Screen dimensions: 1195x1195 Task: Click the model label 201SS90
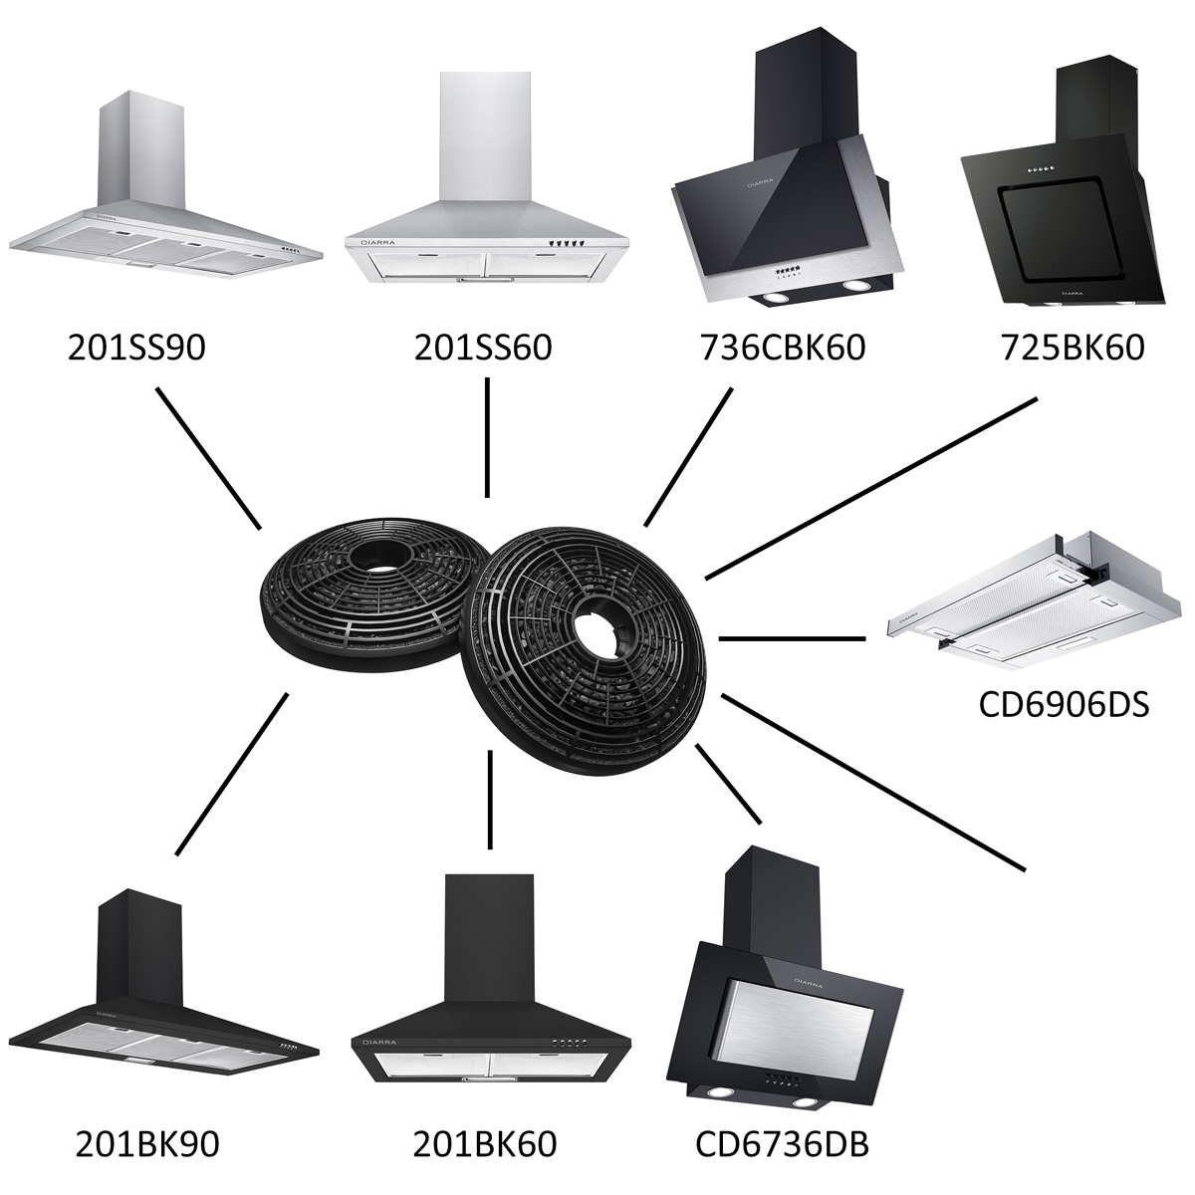tap(136, 348)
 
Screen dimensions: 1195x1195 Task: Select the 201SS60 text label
tap(483, 348)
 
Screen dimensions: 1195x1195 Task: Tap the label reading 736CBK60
tap(783, 348)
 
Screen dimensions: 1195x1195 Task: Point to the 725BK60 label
tap(1073, 348)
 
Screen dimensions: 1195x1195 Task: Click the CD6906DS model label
tap(1065, 705)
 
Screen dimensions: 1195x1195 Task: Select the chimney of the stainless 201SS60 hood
tap(486, 136)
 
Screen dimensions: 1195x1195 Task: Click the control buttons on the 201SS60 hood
tap(570, 243)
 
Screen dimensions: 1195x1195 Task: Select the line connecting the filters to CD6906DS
tap(792, 638)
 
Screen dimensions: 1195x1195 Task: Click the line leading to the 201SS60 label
tap(487, 438)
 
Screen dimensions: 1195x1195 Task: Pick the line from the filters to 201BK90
tap(232, 774)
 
